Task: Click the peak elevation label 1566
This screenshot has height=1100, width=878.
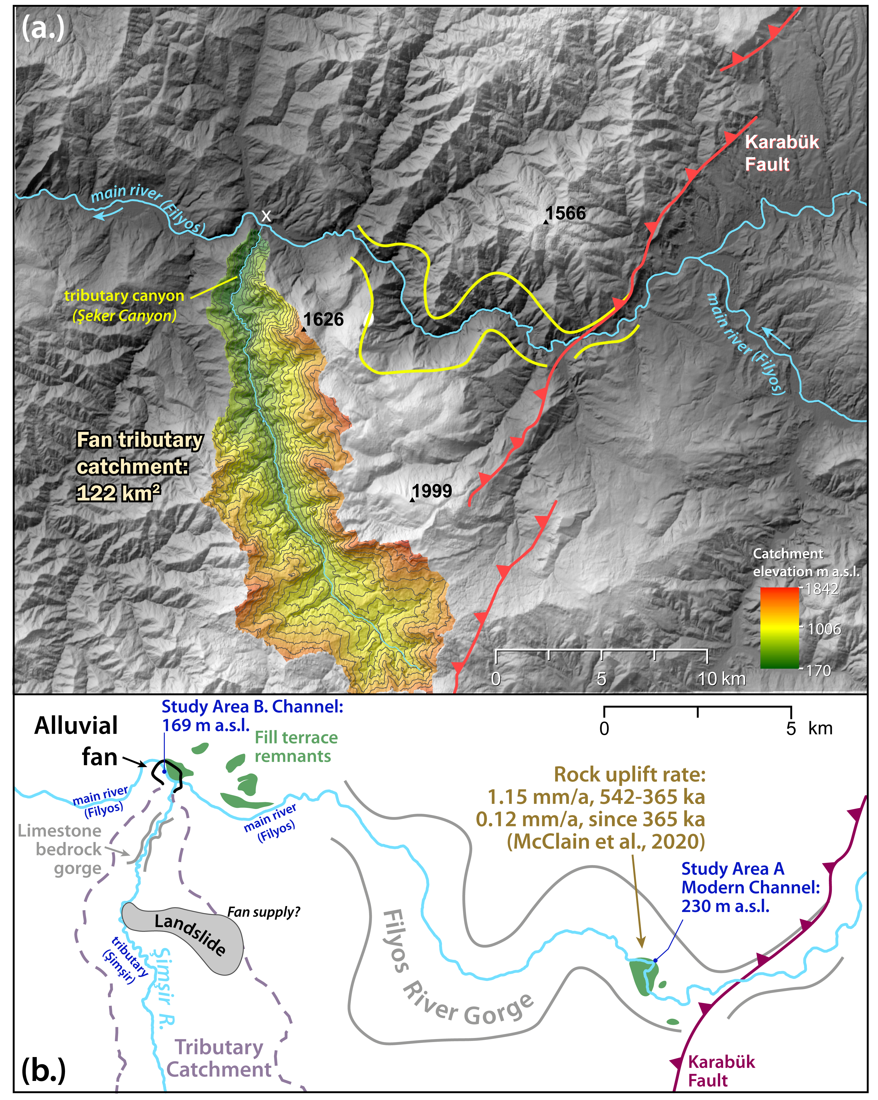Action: coord(565,213)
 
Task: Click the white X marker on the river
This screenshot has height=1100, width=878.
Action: coord(266,216)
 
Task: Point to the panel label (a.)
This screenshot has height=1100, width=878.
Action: coord(43,28)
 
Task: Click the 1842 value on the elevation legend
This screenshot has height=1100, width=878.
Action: coord(821,589)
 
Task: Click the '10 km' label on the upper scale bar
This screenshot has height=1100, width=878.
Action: coord(722,679)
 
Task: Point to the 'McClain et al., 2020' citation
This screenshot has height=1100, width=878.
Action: coord(606,841)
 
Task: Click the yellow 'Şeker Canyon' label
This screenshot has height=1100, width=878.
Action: coord(125,316)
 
